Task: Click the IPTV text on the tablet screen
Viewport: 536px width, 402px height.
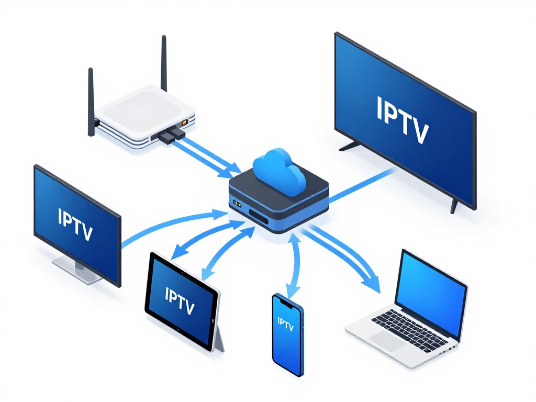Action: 180,300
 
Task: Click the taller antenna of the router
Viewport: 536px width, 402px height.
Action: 164,63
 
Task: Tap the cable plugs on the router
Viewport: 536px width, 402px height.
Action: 170,136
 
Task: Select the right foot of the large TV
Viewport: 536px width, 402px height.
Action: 454,207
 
